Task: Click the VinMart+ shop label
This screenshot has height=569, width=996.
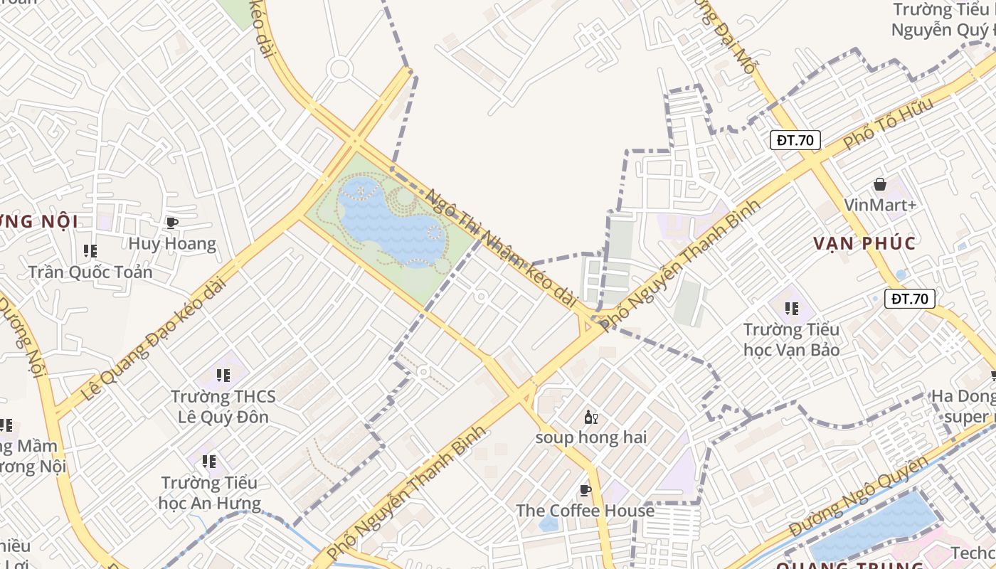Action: pyautogui.click(x=880, y=206)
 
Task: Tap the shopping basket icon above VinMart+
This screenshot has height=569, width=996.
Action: pyautogui.click(x=880, y=185)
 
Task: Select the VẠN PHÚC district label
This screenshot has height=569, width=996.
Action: pyautogui.click(x=864, y=243)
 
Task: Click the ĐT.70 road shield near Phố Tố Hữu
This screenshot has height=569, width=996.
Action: pyautogui.click(x=795, y=140)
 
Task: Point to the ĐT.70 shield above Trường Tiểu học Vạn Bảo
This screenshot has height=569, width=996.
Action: pyautogui.click(x=909, y=299)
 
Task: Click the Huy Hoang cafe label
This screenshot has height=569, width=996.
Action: pyautogui.click(x=172, y=244)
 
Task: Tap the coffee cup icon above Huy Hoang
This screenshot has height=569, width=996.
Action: pyautogui.click(x=171, y=223)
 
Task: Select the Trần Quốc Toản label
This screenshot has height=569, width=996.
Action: pyautogui.click(x=90, y=272)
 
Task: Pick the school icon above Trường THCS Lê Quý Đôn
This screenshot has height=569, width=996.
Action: pyautogui.click(x=223, y=375)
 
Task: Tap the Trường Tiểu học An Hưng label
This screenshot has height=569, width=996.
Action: pyautogui.click(x=209, y=493)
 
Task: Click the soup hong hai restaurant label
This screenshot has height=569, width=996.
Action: pyautogui.click(x=590, y=437)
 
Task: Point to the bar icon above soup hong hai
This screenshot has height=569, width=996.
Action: pyautogui.click(x=590, y=418)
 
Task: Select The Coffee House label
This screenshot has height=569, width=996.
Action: pyautogui.click(x=585, y=511)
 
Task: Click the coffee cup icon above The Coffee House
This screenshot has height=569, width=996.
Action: pyautogui.click(x=585, y=491)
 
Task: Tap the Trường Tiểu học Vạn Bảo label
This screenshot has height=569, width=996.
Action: pyautogui.click(x=791, y=340)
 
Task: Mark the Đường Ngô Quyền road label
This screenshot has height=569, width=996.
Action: pyautogui.click(x=859, y=497)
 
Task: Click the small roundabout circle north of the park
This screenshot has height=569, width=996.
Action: pyautogui.click(x=340, y=69)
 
